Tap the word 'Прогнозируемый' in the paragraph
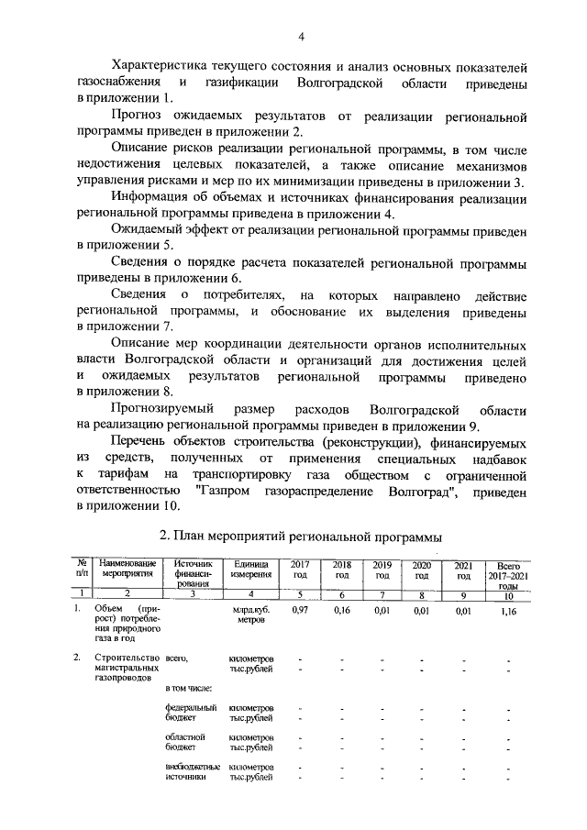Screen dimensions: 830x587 163,409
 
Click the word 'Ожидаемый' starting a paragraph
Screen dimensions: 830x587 147,228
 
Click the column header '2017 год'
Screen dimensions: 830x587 299,570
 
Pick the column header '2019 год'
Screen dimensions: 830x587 382,570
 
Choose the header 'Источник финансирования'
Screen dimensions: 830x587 193,575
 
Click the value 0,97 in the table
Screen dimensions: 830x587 300,609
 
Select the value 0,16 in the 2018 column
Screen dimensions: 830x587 342,609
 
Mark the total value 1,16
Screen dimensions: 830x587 507,609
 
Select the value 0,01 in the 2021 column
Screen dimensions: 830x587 464,609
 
